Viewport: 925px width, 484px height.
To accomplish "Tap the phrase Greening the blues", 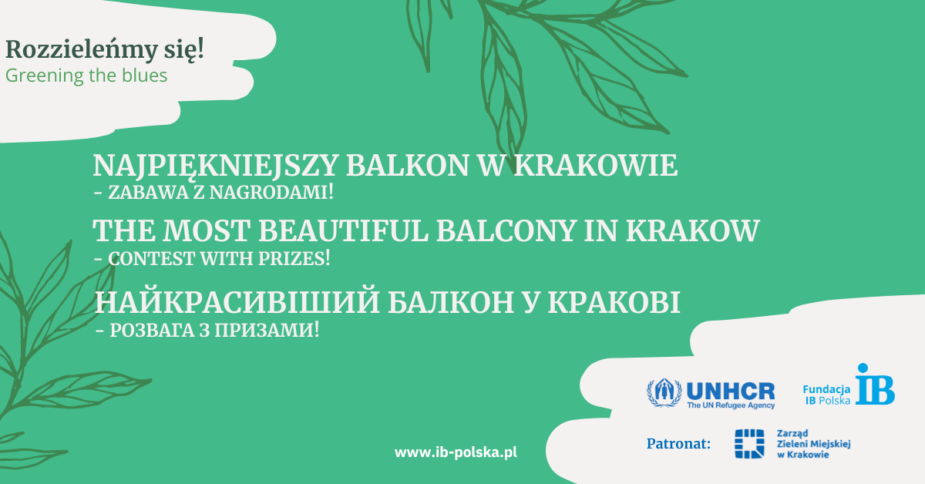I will click(x=86, y=76).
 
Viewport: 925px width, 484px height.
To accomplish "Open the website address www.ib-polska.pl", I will click(x=456, y=452).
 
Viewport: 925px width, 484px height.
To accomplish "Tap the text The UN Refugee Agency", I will click(x=730, y=405).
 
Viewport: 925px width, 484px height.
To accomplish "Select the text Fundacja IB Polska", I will click(x=827, y=395).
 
